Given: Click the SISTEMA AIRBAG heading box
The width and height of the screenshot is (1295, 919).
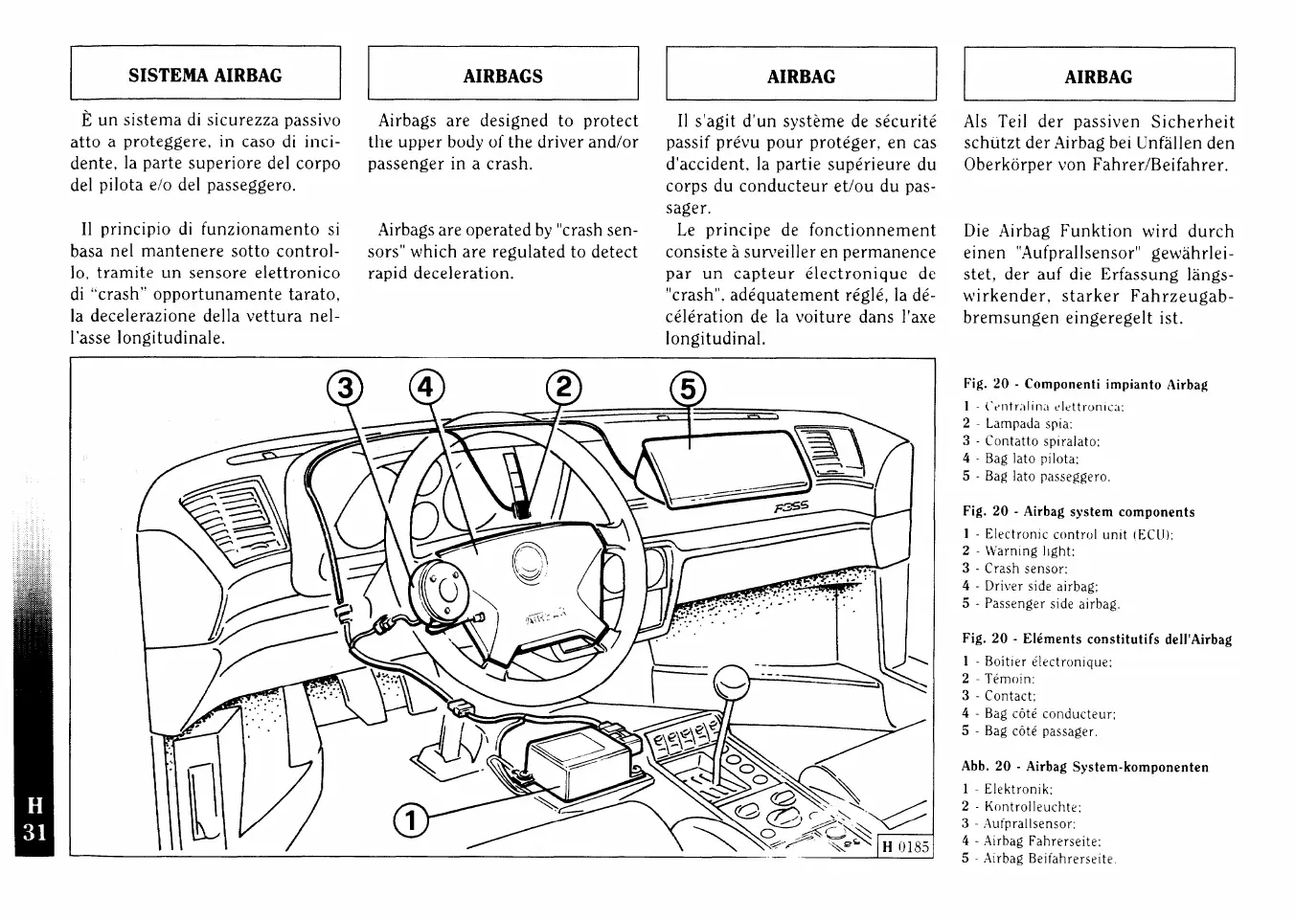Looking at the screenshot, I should [x=205, y=75].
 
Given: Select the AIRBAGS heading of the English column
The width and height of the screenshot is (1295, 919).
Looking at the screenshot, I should [x=503, y=76].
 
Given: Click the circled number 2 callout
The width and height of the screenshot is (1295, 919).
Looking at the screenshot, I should [x=562, y=388].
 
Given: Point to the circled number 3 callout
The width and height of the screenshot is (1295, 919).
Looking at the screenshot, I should [x=345, y=389].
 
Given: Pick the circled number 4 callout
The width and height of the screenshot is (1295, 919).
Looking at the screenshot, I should [x=427, y=388].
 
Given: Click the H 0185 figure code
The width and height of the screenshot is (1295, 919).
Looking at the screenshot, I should [x=905, y=847].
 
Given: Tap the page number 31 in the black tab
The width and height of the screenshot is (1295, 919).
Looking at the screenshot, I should [x=34, y=831].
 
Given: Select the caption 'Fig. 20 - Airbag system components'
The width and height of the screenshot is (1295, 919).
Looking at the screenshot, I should [x=1079, y=512].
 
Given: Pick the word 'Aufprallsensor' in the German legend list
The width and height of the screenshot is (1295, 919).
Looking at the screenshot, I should [x=1030, y=823].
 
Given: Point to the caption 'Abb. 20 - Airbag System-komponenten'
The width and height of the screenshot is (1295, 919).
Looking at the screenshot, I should [x=1084, y=767].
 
